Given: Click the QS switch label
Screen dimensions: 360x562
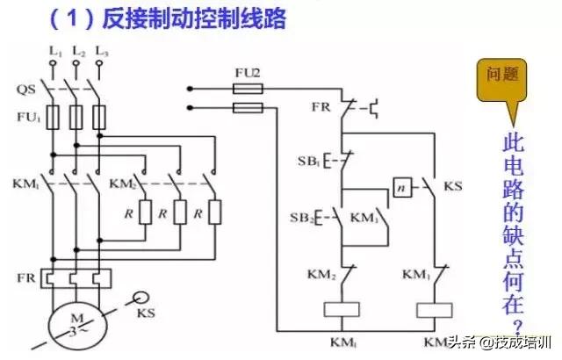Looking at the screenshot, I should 27,88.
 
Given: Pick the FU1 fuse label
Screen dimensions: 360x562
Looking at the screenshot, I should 28,115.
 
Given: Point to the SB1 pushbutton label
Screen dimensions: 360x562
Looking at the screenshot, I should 307,162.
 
